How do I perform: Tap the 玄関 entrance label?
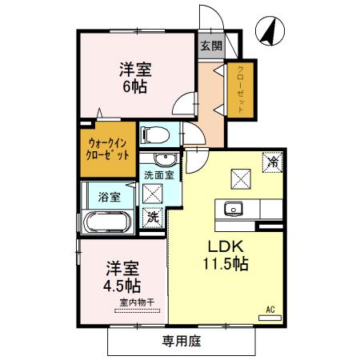209,46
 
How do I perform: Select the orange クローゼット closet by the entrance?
239,87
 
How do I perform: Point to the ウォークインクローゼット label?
107,148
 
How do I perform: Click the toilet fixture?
153,134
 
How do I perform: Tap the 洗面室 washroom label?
158,174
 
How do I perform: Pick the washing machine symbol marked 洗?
151,215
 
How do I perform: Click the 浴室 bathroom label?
109,196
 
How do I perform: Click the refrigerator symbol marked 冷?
273,160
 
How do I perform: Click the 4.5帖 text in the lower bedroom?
122,285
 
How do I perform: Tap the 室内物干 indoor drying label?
137,302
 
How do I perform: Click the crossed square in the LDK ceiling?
239,177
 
